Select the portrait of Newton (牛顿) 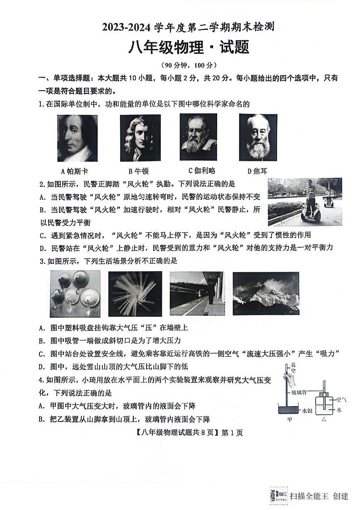140,138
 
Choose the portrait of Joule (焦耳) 258,137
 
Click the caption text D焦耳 256,171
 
